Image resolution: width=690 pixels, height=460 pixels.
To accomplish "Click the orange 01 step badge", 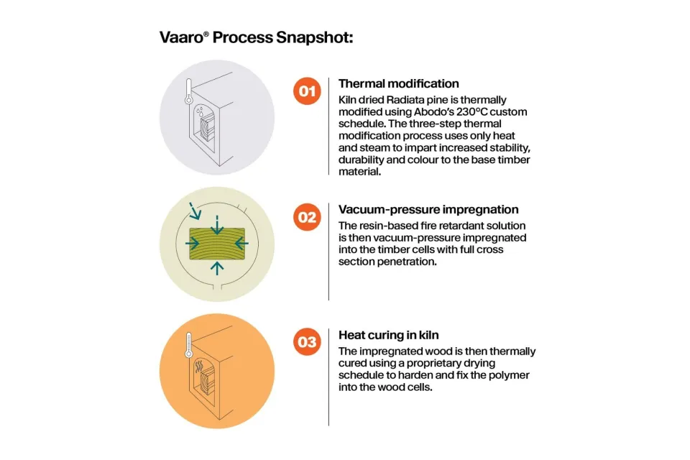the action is coord(307,91).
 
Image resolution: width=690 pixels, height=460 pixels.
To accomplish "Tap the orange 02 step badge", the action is coord(307,217).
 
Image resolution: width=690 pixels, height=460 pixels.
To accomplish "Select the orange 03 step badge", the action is coord(307,342).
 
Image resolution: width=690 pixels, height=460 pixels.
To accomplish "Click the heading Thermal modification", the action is coord(399,83).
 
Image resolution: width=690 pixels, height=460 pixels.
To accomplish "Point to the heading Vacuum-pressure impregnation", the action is coord(428,210).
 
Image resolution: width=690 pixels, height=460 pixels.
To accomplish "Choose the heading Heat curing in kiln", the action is coord(389,335).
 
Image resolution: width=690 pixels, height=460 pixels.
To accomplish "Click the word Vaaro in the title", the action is coord(181,37).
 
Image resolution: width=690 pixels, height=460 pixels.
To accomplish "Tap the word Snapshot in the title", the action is coord(314,38).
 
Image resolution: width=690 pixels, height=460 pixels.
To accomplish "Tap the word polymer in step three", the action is coord(510,375).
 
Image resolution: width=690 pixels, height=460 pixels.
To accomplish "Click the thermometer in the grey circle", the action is coord(189,91).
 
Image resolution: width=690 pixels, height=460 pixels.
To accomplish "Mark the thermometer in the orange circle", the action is coord(189,345).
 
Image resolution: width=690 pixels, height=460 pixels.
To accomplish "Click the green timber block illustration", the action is coord(217,244).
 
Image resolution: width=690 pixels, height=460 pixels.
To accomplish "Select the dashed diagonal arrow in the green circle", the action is coord(195,211).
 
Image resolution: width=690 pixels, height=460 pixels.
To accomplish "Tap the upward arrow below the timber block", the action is coord(217,268).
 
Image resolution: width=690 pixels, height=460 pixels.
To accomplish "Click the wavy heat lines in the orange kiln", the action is coord(199,367).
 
